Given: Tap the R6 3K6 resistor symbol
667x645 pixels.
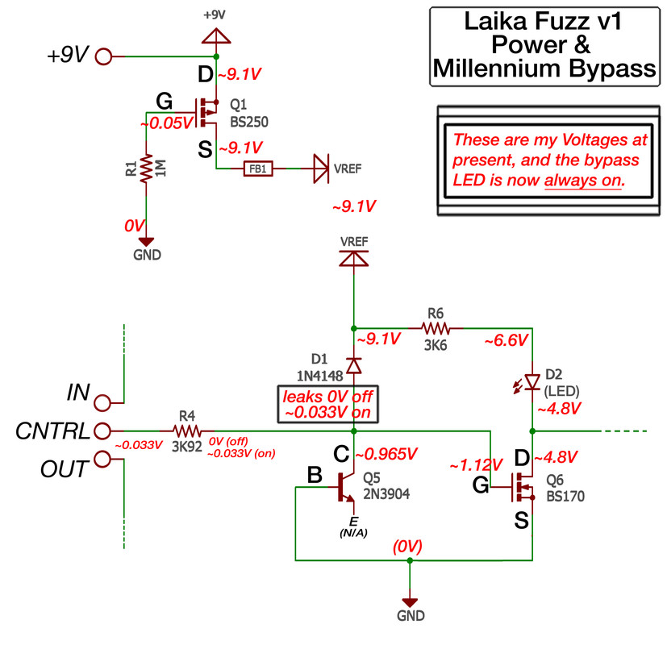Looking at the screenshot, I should pos(436,328).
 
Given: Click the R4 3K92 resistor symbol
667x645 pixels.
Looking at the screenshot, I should pos(187,431).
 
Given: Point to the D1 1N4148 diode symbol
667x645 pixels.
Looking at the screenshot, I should pos(353,365).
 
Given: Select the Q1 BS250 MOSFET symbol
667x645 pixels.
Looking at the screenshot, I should pos(209,111).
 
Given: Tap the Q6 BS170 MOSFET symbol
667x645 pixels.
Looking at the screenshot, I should pos(525,486).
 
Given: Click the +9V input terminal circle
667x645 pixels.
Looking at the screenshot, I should pos(104,56).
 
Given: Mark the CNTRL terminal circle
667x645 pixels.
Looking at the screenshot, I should pos(102,431).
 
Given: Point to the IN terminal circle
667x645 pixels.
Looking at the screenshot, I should pos(102,402).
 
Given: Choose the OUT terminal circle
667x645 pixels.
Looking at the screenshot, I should pos(102,460).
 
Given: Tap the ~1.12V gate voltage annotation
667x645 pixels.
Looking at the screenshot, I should pos(476,464).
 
